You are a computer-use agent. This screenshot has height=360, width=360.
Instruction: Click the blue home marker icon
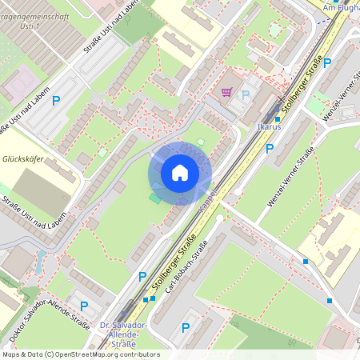click(x=180, y=173)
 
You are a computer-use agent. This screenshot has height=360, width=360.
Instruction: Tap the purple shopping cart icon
click(x=226, y=92)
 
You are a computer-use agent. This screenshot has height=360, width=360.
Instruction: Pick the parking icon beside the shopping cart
click(x=246, y=95)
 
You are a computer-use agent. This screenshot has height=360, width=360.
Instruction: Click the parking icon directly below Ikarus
click(x=270, y=148)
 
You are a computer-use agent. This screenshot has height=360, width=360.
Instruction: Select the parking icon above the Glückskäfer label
click(x=56, y=101)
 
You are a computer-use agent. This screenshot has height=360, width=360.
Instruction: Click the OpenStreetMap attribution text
click(x=81, y=354)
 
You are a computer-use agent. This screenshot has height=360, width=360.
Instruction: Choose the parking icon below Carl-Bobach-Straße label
click(x=186, y=326)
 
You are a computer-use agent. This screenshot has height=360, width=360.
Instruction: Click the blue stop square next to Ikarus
click(x=277, y=118)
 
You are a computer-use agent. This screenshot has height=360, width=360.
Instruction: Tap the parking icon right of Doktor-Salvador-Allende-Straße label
click(x=83, y=306)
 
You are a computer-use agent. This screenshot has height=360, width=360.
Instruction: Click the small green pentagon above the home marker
click(x=200, y=142)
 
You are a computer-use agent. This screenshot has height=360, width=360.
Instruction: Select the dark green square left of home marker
click(x=154, y=197)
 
